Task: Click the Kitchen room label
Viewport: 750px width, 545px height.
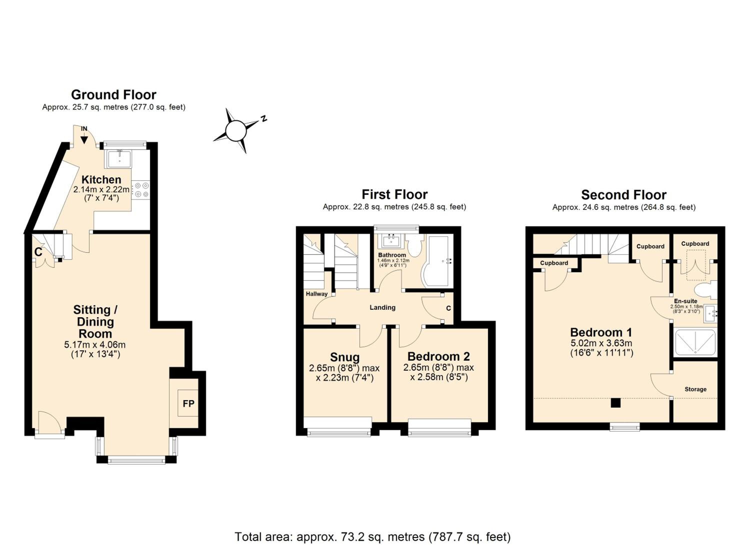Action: tap(101, 180)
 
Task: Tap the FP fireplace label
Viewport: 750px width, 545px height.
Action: tap(188, 403)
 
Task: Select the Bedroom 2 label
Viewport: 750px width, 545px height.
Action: tap(438, 356)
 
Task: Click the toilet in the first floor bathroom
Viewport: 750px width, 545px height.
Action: tap(415, 245)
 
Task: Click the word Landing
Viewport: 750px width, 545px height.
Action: tap(382, 307)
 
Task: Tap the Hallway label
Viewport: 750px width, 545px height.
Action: tap(316, 294)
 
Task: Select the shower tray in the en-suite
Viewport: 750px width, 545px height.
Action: tap(695, 342)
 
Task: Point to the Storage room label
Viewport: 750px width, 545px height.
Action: tap(695, 389)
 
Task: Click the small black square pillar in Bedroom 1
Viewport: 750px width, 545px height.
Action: tap(615, 403)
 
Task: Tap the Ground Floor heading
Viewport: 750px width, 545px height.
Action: tap(113, 95)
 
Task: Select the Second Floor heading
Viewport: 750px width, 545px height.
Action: tap(624, 195)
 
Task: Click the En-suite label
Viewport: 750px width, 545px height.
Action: tap(686, 301)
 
